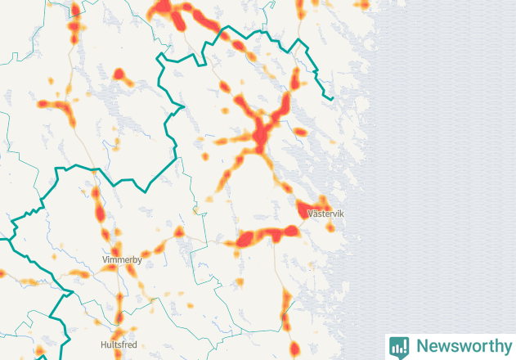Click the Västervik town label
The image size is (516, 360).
pyautogui.click(x=325, y=214)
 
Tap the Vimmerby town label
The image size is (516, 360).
pyautogui.click(x=122, y=260)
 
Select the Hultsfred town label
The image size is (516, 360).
pyautogui.click(x=120, y=344)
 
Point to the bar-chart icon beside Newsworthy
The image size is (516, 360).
pyautogui.click(x=399, y=346)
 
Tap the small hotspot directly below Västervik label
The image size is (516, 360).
pyautogui.click(x=330, y=227)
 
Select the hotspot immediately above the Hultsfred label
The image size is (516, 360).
pyautogui.click(x=119, y=319)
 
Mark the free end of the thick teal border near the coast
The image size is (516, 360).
pyautogui.click(x=331, y=97)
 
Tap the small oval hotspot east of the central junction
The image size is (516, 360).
pyautogui.click(x=300, y=132)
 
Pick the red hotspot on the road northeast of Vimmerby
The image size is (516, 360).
pyautogui.click(x=178, y=232)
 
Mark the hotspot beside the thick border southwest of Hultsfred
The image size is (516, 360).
pyautogui.click(x=39, y=353)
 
